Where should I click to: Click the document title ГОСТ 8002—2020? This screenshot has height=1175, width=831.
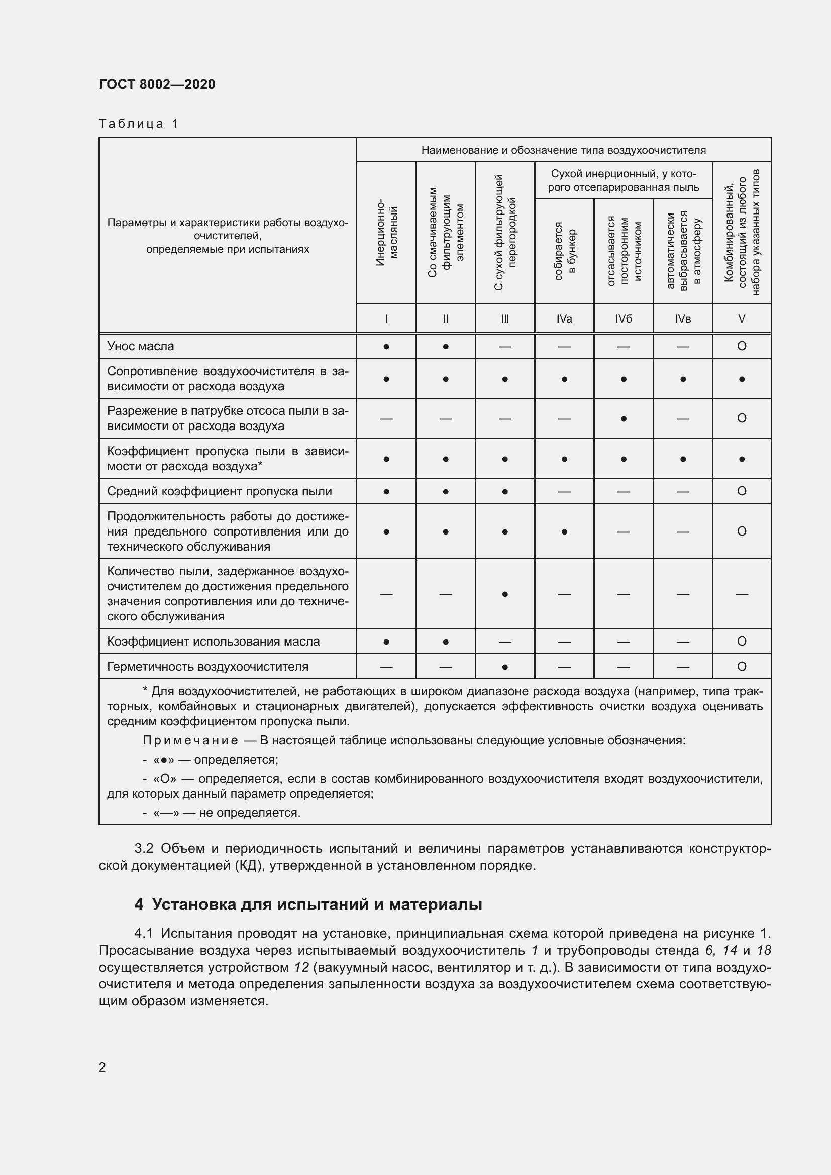[157, 84]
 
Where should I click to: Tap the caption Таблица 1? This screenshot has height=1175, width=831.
[139, 124]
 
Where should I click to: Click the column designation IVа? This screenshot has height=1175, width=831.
[564, 319]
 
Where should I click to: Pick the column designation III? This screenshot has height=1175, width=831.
[504, 319]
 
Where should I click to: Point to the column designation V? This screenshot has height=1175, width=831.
[742, 319]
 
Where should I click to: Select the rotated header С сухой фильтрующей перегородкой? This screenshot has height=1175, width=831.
[505, 233]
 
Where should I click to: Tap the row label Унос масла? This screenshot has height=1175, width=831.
[140, 346]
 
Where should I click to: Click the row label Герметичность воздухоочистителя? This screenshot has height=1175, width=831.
[207, 666]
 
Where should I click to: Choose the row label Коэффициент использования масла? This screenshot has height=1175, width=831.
[213, 641]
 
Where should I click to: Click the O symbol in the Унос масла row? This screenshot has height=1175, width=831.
[742, 346]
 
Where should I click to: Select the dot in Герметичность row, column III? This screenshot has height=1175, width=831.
[504, 667]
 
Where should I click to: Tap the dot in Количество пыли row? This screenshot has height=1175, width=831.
[504, 594]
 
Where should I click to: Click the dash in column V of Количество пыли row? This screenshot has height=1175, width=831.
[742, 594]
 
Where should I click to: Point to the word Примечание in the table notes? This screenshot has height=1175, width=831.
[190, 740]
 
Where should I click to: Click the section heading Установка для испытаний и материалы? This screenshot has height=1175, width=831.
[317, 904]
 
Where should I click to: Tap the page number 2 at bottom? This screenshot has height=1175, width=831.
[102, 1067]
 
